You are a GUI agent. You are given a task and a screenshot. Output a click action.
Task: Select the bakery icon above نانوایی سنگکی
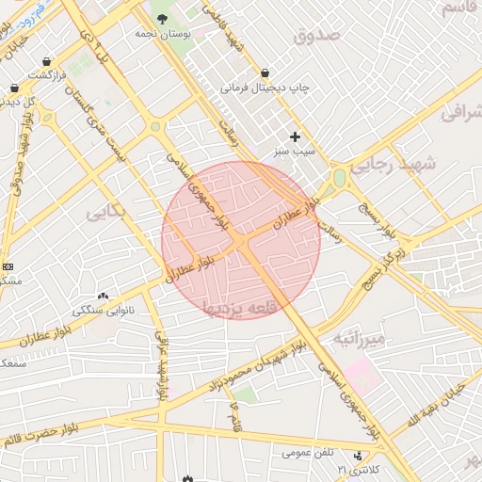pyautogui.click(x=103, y=297)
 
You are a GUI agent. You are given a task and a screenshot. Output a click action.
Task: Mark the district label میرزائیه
pyautogui.click(x=359, y=337)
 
